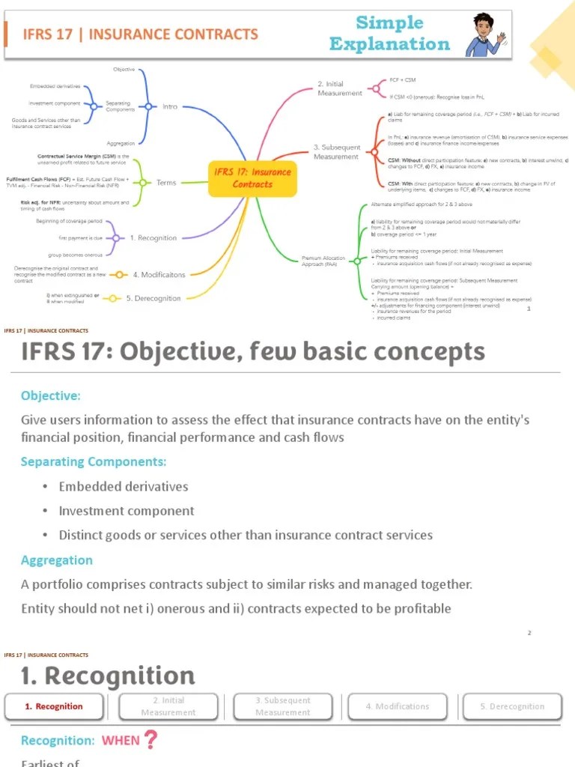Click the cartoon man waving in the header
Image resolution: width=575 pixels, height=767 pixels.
[484, 34]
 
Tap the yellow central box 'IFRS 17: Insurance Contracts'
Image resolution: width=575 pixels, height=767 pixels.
[252, 178]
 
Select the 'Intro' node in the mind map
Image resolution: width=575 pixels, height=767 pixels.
[170, 106]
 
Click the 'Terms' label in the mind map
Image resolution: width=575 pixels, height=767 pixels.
[166, 182]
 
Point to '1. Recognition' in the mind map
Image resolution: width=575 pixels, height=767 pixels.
[153, 238]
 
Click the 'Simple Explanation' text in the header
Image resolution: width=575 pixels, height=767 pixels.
[389, 34]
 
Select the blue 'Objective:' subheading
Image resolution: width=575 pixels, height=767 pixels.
[51, 395]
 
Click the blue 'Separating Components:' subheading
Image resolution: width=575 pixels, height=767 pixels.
[94, 461]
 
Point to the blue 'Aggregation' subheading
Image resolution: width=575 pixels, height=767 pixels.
[57, 560]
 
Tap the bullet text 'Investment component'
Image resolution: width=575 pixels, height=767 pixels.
[127, 511]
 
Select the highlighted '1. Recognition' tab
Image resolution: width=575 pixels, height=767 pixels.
[54, 706]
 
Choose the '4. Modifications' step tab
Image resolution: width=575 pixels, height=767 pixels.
[398, 706]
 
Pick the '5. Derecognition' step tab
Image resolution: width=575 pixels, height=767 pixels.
[512, 706]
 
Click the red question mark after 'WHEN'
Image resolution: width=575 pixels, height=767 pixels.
[150, 740]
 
